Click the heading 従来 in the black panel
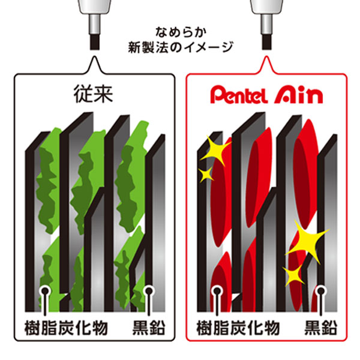click(93, 94)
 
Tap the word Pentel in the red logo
click(239, 95)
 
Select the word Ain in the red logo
click(298, 95)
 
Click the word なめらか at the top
click(181, 32)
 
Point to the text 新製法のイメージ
click(181, 47)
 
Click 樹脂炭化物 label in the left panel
click(66, 328)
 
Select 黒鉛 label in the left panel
click(149, 328)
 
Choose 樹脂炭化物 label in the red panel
click(238, 328)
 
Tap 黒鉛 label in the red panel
click(321, 328)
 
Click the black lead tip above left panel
click(95, 42)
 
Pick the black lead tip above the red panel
click(267, 42)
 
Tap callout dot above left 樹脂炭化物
click(45, 292)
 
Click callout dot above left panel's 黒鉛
click(149, 292)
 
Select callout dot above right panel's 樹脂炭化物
click(217, 292)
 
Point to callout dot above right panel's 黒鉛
click(321, 292)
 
